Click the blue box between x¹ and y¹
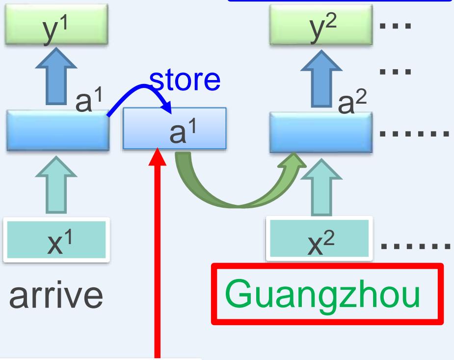coord(57,130)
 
